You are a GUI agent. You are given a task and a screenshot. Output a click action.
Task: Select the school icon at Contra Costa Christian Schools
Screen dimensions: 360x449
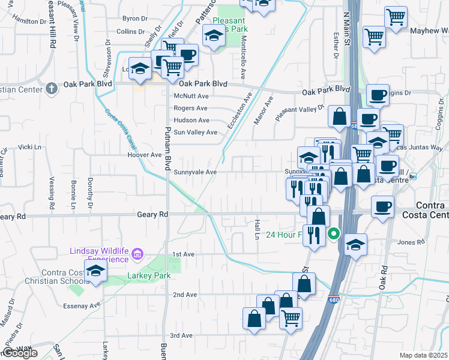95,272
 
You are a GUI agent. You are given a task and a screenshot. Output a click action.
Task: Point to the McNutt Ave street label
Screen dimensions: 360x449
190,96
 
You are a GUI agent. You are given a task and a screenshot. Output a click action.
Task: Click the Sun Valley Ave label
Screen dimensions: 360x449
195,132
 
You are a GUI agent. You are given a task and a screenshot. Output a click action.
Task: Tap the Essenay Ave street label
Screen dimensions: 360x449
82,306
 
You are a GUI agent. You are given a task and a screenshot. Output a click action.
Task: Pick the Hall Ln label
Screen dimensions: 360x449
256,229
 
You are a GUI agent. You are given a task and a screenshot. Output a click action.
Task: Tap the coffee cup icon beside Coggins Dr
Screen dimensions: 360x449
378,95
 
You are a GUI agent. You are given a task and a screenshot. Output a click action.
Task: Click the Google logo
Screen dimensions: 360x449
20,353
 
